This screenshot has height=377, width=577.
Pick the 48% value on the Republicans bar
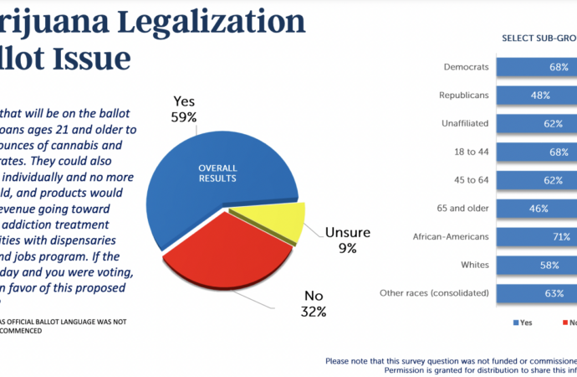click(539, 96)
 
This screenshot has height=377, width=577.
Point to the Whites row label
click(474, 266)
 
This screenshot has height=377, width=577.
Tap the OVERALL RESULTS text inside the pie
click(217, 173)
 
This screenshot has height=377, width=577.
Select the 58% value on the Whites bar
click(550, 266)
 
